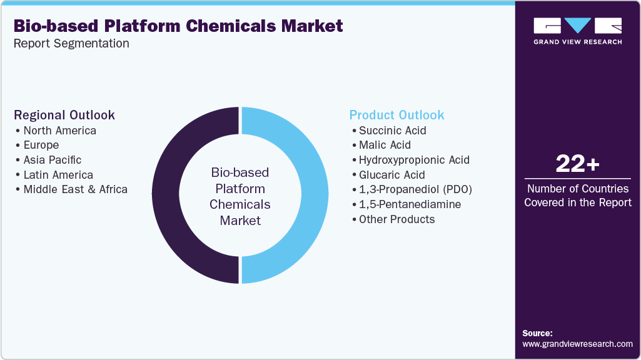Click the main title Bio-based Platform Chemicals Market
click(x=178, y=26)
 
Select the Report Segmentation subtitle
click(x=71, y=44)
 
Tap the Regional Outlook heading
click(x=64, y=115)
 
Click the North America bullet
click(x=59, y=131)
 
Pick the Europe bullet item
click(x=41, y=145)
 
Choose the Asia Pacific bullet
click(x=52, y=160)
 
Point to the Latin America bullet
click(x=58, y=175)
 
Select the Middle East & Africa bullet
click(x=75, y=189)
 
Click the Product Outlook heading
click(x=396, y=115)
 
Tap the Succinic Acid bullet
click(x=392, y=131)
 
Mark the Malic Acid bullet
click(x=385, y=145)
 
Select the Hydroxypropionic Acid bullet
click(x=413, y=160)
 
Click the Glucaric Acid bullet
click(x=391, y=175)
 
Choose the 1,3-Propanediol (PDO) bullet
click(x=415, y=189)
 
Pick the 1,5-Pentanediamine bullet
click(x=410, y=204)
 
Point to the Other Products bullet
click(x=396, y=219)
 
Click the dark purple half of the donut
click(x=166, y=195)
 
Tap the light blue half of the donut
click(x=315, y=195)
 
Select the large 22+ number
click(x=577, y=164)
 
